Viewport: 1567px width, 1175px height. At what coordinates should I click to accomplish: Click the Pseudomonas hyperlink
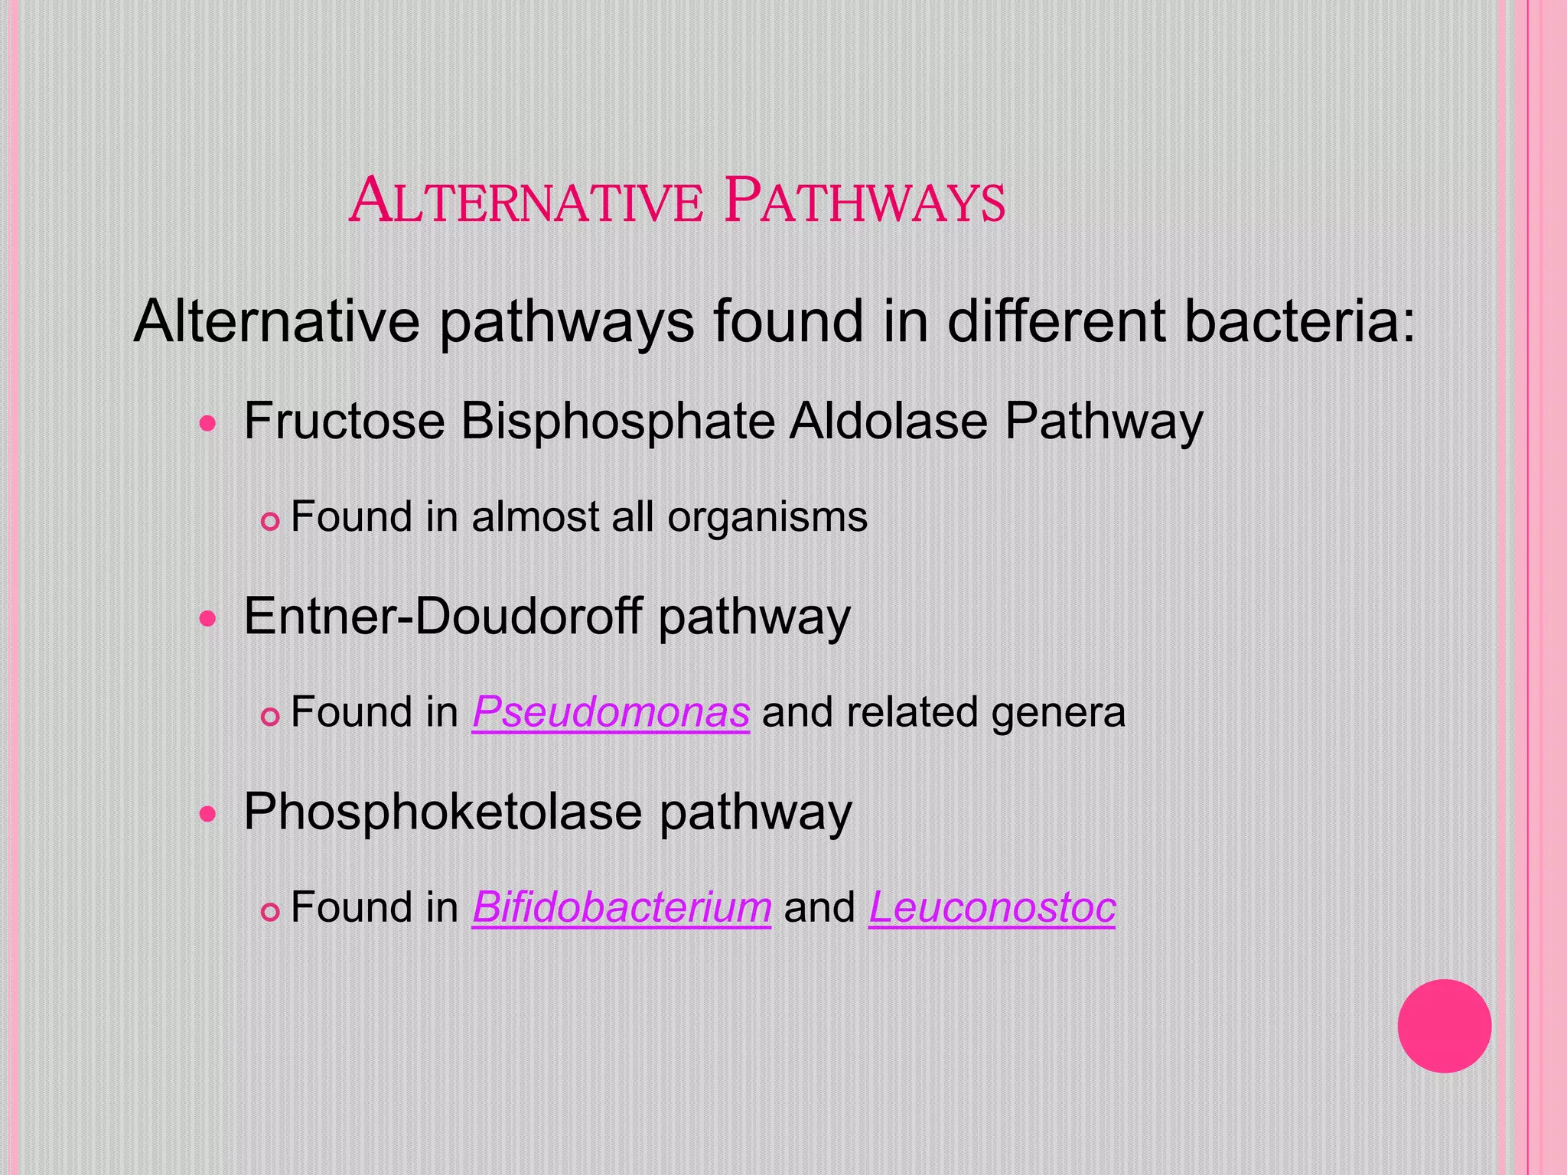pyautogui.click(x=611, y=712)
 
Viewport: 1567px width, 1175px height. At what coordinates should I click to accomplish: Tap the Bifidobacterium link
pyautogui.click(x=621, y=907)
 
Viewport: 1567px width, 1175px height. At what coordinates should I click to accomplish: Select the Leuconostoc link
pyautogui.click(x=992, y=907)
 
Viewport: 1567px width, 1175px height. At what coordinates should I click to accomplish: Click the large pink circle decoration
pyautogui.click(x=1444, y=1026)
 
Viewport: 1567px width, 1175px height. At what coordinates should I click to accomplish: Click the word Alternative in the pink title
pyautogui.click(x=526, y=200)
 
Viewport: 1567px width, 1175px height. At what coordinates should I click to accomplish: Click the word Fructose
pyautogui.click(x=344, y=421)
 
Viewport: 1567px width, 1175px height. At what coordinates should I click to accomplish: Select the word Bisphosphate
pyautogui.click(x=617, y=422)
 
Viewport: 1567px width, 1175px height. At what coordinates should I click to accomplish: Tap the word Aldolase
pyautogui.click(x=888, y=421)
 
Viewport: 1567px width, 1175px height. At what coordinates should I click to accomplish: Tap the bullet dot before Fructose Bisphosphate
pyautogui.click(x=208, y=423)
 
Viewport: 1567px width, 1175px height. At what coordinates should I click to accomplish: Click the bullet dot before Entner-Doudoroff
pyautogui.click(x=208, y=618)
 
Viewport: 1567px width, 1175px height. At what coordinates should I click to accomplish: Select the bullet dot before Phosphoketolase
pyautogui.click(x=208, y=813)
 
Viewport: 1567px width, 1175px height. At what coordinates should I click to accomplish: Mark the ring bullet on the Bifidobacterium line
pyautogui.click(x=270, y=913)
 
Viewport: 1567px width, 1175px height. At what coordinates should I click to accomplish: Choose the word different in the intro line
pyautogui.click(x=1055, y=321)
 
